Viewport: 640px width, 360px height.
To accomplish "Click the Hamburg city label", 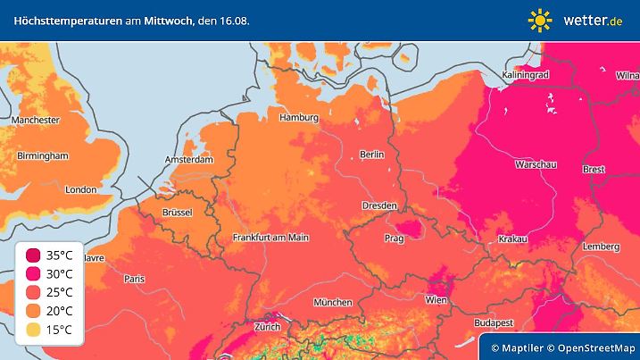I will click(x=299, y=118).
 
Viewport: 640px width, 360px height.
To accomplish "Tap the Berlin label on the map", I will click(x=370, y=155).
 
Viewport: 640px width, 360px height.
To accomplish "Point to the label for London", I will click(x=80, y=189).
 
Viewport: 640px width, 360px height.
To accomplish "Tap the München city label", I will click(x=332, y=302).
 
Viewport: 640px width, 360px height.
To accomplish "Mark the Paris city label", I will click(x=134, y=279).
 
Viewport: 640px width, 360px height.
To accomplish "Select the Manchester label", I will click(x=36, y=120).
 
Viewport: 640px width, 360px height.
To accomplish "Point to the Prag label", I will click(x=395, y=239).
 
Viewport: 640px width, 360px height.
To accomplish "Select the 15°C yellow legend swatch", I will click(x=33, y=330).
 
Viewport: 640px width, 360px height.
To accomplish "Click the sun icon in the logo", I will click(x=540, y=20).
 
